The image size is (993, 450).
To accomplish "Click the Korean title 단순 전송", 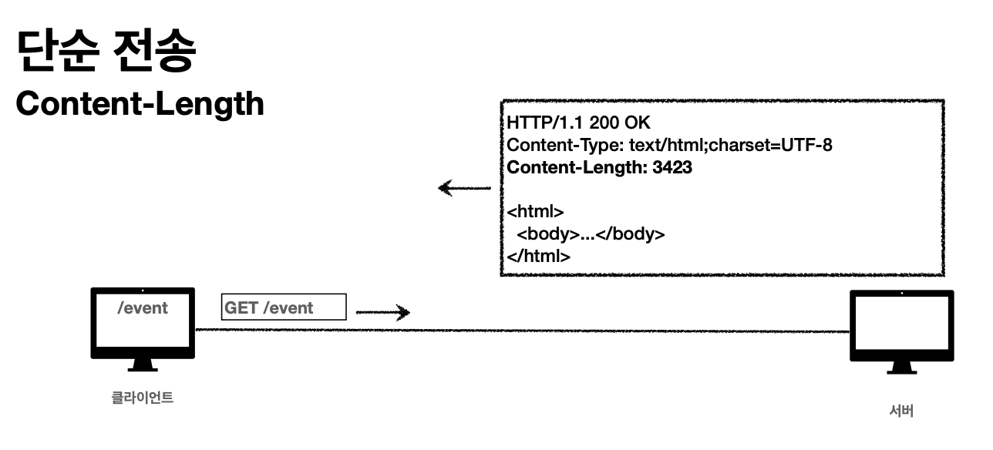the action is [106, 50].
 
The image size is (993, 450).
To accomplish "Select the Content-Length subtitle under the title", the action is [140, 103].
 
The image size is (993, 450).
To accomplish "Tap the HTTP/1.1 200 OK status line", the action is [578, 123].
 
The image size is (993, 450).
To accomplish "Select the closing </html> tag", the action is [538, 256].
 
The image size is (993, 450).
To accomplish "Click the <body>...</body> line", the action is [591, 234].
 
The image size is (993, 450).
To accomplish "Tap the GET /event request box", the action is [284, 307].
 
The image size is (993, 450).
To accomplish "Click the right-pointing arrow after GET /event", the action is [383, 312].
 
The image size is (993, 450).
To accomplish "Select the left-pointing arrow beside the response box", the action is [464, 187].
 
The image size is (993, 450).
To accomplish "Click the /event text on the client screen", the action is [143, 308].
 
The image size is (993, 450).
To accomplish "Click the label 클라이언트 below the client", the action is [143, 398].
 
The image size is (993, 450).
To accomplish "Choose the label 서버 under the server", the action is [901, 411].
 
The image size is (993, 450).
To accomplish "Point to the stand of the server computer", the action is [901, 368].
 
